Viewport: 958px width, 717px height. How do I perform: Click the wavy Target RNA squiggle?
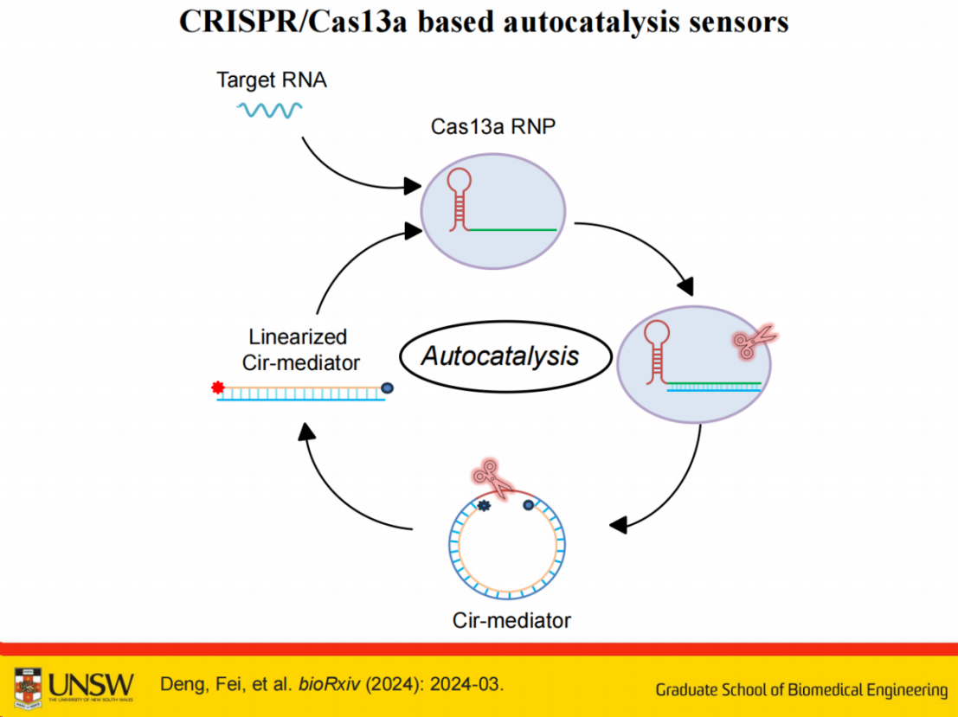click(269, 110)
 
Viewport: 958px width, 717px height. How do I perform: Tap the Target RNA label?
click(271, 80)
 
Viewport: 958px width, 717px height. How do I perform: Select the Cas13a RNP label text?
click(493, 126)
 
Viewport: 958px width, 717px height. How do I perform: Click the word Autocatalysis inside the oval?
click(500, 356)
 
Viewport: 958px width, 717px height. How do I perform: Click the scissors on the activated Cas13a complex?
click(754, 342)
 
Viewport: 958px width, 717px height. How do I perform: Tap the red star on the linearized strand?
click(217, 387)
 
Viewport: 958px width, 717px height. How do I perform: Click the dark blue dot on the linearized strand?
click(387, 387)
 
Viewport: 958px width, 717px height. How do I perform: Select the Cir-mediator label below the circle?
click(511, 620)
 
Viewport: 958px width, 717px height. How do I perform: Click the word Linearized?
click(298, 336)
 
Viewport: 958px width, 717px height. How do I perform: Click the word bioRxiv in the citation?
click(329, 684)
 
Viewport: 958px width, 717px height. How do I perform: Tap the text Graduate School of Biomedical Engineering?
click(801, 690)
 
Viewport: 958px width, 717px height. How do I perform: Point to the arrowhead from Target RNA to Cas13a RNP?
click(413, 186)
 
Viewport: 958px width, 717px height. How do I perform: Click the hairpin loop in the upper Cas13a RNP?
click(459, 181)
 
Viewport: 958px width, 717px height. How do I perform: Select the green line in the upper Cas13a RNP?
click(512, 230)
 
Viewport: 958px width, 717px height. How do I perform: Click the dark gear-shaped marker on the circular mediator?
click(484, 505)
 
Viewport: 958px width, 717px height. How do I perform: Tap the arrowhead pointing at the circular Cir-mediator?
click(618, 525)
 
